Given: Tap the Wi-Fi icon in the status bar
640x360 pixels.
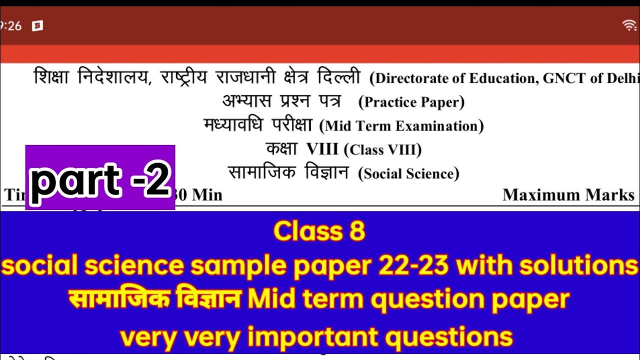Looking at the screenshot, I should click(629, 25).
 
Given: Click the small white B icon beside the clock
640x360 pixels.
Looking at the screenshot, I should click(37, 26).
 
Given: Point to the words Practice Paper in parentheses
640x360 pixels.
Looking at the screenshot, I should click(411, 102).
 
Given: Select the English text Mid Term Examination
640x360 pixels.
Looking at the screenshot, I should click(401, 126).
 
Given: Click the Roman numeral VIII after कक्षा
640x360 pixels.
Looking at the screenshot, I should click(322, 149).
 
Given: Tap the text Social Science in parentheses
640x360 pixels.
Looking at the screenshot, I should click(408, 173).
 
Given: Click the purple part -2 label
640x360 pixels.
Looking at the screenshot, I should click(100, 177).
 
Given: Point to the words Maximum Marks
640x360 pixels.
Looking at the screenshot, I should click(568, 195).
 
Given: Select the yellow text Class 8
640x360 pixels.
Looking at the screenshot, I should click(319, 231).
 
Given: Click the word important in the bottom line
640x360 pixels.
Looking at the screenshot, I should click(315, 337).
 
